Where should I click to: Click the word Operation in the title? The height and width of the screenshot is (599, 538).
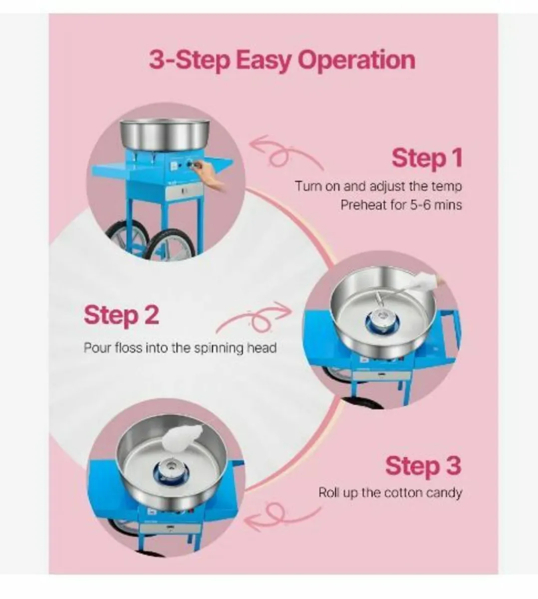click(357, 60)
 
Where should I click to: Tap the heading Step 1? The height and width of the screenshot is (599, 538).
click(427, 158)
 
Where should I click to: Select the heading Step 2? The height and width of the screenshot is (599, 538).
click(121, 315)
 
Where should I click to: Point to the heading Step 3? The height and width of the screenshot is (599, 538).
click(423, 466)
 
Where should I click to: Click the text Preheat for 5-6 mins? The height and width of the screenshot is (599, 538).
click(401, 205)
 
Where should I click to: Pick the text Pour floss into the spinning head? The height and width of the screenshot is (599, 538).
click(180, 347)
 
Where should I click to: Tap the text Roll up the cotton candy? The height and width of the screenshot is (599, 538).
click(390, 493)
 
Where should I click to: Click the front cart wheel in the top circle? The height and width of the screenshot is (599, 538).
click(168, 247)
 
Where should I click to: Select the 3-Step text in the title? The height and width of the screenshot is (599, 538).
click(190, 60)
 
